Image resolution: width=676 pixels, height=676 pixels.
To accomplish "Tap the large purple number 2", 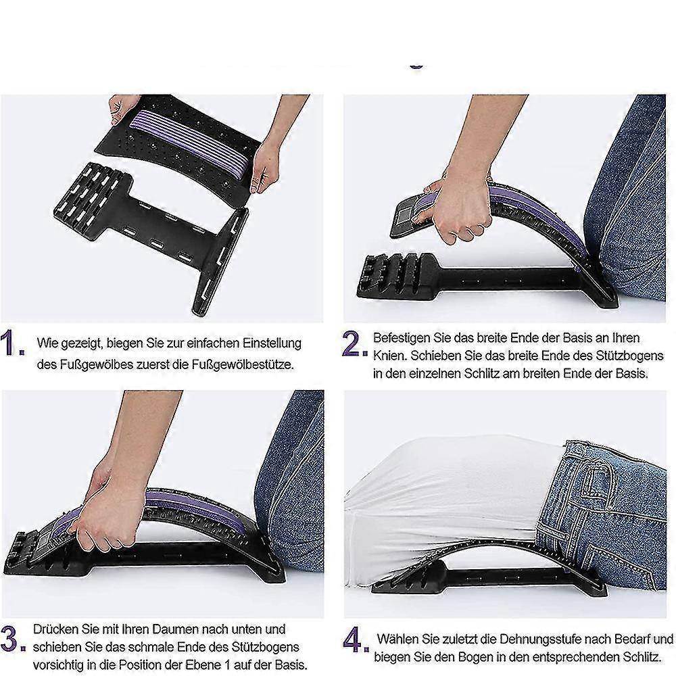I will pyautogui.click(x=355, y=345).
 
